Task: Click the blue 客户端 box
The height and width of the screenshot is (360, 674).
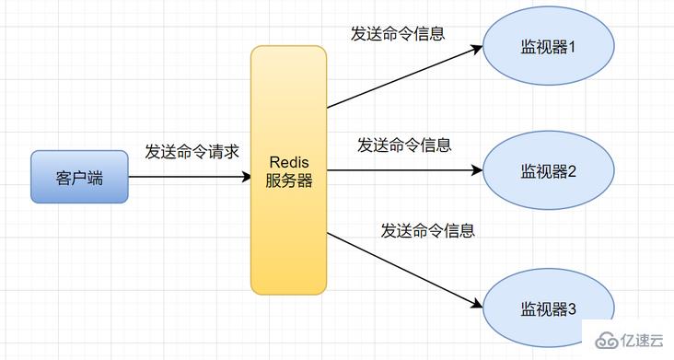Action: (x=79, y=177)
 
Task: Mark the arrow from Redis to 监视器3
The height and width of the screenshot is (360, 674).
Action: (x=405, y=269)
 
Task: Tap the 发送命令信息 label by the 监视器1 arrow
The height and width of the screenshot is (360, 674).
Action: (x=398, y=34)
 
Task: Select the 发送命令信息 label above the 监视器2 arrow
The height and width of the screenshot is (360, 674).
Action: (x=404, y=145)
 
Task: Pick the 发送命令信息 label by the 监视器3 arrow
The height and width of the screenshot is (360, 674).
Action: (x=428, y=230)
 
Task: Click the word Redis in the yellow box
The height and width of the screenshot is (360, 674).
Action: (x=289, y=161)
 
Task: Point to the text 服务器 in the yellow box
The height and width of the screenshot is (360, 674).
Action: (x=289, y=181)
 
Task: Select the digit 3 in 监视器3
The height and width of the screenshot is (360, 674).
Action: (x=571, y=308)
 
